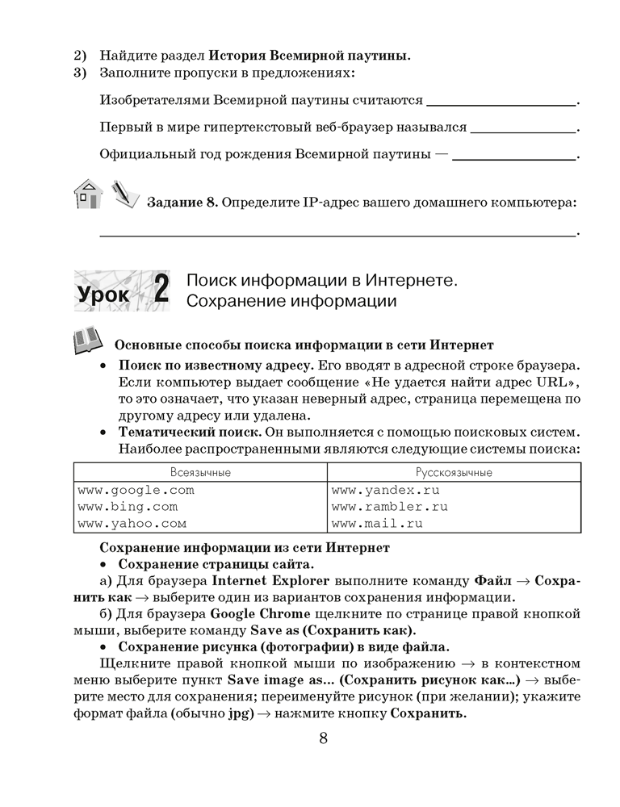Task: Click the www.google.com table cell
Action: [136, 490]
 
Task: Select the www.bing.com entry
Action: [128, 507]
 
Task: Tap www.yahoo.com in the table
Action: [132, 524]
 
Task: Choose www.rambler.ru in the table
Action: [389, 507]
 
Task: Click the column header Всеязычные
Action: [199, 472]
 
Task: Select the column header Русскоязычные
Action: [454, 472]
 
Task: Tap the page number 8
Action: [323, 739]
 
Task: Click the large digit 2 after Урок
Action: [160, 291]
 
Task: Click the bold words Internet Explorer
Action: [262, 580]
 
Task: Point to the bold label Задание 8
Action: [182, 202]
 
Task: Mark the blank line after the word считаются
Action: [501, 103]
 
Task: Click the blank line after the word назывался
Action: [523, 129]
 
